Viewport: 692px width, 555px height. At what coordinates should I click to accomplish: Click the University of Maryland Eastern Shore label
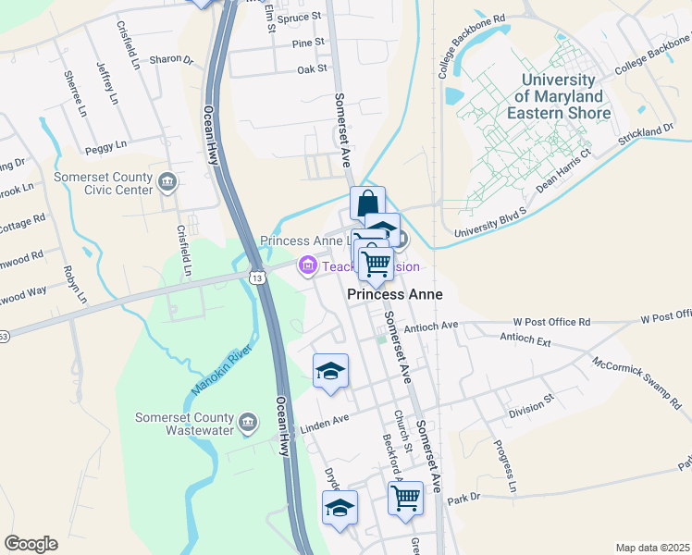pyautogui.click(x=563, y=96)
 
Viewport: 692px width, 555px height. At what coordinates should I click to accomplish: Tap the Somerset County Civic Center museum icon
pyautogui.click(x=167, y=180)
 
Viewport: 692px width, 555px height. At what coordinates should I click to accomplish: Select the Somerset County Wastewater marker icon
pyautogui.click(x=247, y=423)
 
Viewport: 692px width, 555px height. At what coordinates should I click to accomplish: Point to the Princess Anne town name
pyautogui.click(x=395, y=294)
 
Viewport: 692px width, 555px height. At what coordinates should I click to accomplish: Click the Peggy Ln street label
pyautogui.click(x=105, y=146)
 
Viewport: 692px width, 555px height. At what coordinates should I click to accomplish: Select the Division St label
pyautogui.click(x=535, y=401)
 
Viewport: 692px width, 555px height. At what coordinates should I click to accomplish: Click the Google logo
pyautogui.click(x=31, y=544)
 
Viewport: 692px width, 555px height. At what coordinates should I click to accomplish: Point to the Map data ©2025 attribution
pyautogui.click(x=652, y=548)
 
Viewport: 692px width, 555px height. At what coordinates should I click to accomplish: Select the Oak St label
pyautogui.click(x=313, y=69)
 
